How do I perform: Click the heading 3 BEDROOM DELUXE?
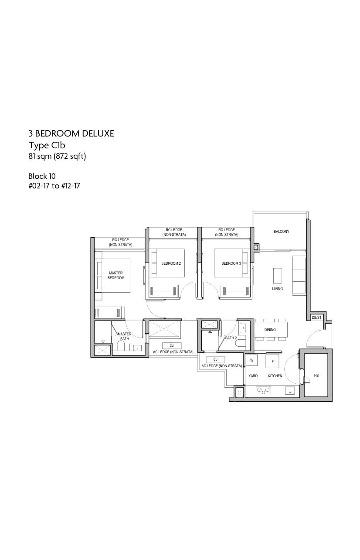71,133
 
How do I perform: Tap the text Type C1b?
47,145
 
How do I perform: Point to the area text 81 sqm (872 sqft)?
57,157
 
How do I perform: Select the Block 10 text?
42,176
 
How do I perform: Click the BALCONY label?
281,232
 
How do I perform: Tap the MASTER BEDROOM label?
116,275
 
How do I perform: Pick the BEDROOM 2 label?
171,263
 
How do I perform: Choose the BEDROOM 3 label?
231,263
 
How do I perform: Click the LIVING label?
277,288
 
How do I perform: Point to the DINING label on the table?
270,329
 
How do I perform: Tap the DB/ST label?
316,318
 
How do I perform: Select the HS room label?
316,375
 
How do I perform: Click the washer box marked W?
252,360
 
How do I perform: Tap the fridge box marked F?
272,361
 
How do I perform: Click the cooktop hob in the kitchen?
264,390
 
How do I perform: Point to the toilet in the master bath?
121,346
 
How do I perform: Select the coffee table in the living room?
278,275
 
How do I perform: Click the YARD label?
253,376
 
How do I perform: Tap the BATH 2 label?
231,338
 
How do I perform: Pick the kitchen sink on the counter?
290,391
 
